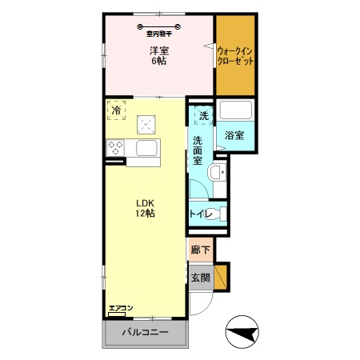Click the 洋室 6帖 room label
[x=159, y=56]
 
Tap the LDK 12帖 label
[x=146, y=208]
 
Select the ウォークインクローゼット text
[x=235, y=56]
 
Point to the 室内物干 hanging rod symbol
[x=159, y=26]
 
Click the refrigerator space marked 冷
[x=116, y=110]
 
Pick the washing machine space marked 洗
[x=204, y=115]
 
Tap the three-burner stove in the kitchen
[x=115, y=147]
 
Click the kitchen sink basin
[x=146, y=148]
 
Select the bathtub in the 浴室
[x=235, y=110]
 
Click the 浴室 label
[x=234, y=135]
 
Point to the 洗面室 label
[x=198, y=150]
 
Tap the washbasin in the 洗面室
[x=216, y=172]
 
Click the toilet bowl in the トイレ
[x=214, y=214]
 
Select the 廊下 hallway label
[x=200, y=250]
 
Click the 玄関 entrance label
[x=201, y=278]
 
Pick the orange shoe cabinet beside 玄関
[x=221, y=277]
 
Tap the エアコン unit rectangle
[x=117, y=314]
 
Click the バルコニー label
[x=146, y=332]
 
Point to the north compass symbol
[x=242, y=332]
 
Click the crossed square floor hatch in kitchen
[x=146, y=125]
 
